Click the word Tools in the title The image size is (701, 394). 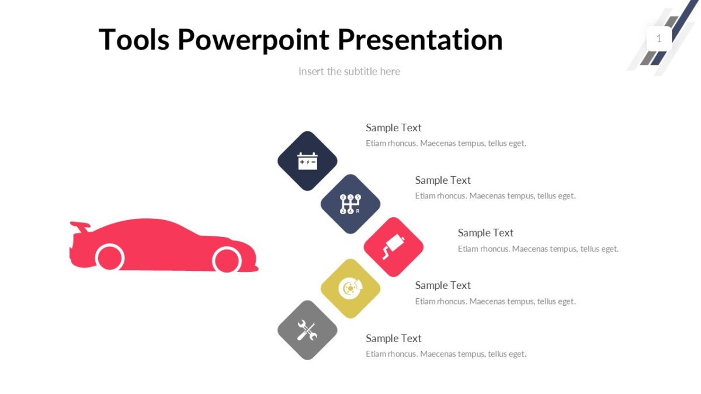(134, 40)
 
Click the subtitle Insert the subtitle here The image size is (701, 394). (349, 71)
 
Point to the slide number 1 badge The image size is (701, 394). (659, 39)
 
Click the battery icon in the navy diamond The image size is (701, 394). (307, 161)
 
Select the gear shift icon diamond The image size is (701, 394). (350, 204)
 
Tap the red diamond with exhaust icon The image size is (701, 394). (393, 247)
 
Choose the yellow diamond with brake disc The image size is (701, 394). (350, 288)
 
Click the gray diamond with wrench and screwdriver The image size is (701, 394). (307, 330)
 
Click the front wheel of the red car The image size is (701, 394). (227, 259)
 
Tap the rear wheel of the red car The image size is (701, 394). (110, 257)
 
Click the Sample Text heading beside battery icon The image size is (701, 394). (393, 128)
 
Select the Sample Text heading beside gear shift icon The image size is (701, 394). (442, 180)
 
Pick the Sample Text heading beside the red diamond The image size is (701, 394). (485, 233)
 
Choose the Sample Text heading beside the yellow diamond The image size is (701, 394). (442, 285)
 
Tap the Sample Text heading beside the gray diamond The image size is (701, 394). (393, 339)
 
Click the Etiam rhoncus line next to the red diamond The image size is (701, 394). (537, 249)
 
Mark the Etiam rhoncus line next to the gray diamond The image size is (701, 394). (446, 354)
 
